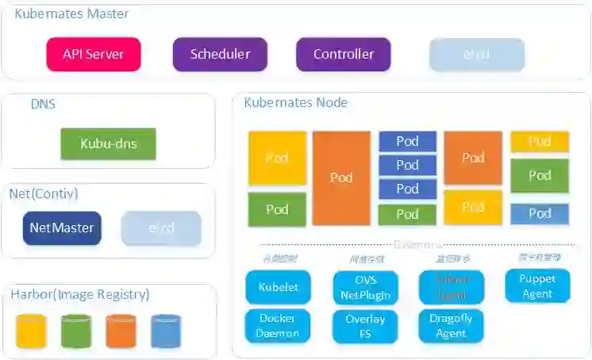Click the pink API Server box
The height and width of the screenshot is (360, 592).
pos(94,55)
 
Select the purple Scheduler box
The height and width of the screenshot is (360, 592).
pos(220,55)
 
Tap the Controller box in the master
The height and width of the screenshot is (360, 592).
pos(343,55)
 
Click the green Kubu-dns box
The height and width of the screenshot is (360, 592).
pos(108,144)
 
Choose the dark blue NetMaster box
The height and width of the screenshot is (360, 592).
pos(62,228)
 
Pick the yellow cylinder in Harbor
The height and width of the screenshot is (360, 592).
pos(31,331)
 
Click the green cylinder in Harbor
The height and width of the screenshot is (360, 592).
pos(76,331)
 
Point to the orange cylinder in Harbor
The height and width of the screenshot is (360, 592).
pos(121,331)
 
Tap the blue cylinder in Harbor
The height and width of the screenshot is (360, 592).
pos(166,331)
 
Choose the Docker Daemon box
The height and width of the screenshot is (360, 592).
pos(278,326)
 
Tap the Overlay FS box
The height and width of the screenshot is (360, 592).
pos(365,326)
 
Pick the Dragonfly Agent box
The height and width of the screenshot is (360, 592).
pos(451,326)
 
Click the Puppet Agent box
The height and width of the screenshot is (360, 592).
pos(537,286)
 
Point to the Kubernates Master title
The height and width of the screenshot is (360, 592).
pos(71,13)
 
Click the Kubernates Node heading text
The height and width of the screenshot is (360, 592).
pos(295,103)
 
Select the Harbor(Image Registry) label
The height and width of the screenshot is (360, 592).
pos(79,295)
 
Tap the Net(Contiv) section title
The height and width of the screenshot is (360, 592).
pos(43,193)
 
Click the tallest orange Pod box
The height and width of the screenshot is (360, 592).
pos(341,178)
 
